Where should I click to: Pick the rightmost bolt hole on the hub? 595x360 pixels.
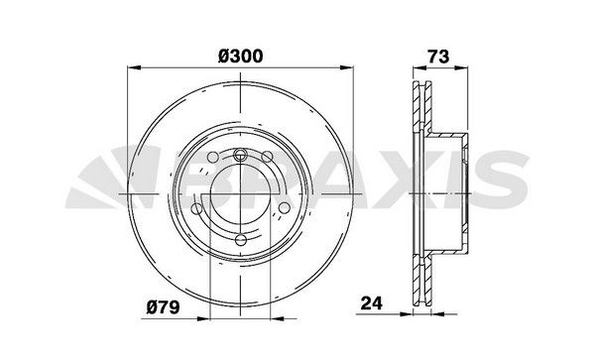285,207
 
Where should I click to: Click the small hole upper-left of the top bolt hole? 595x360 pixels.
214,160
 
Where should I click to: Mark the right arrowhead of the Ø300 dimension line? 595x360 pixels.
349,69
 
